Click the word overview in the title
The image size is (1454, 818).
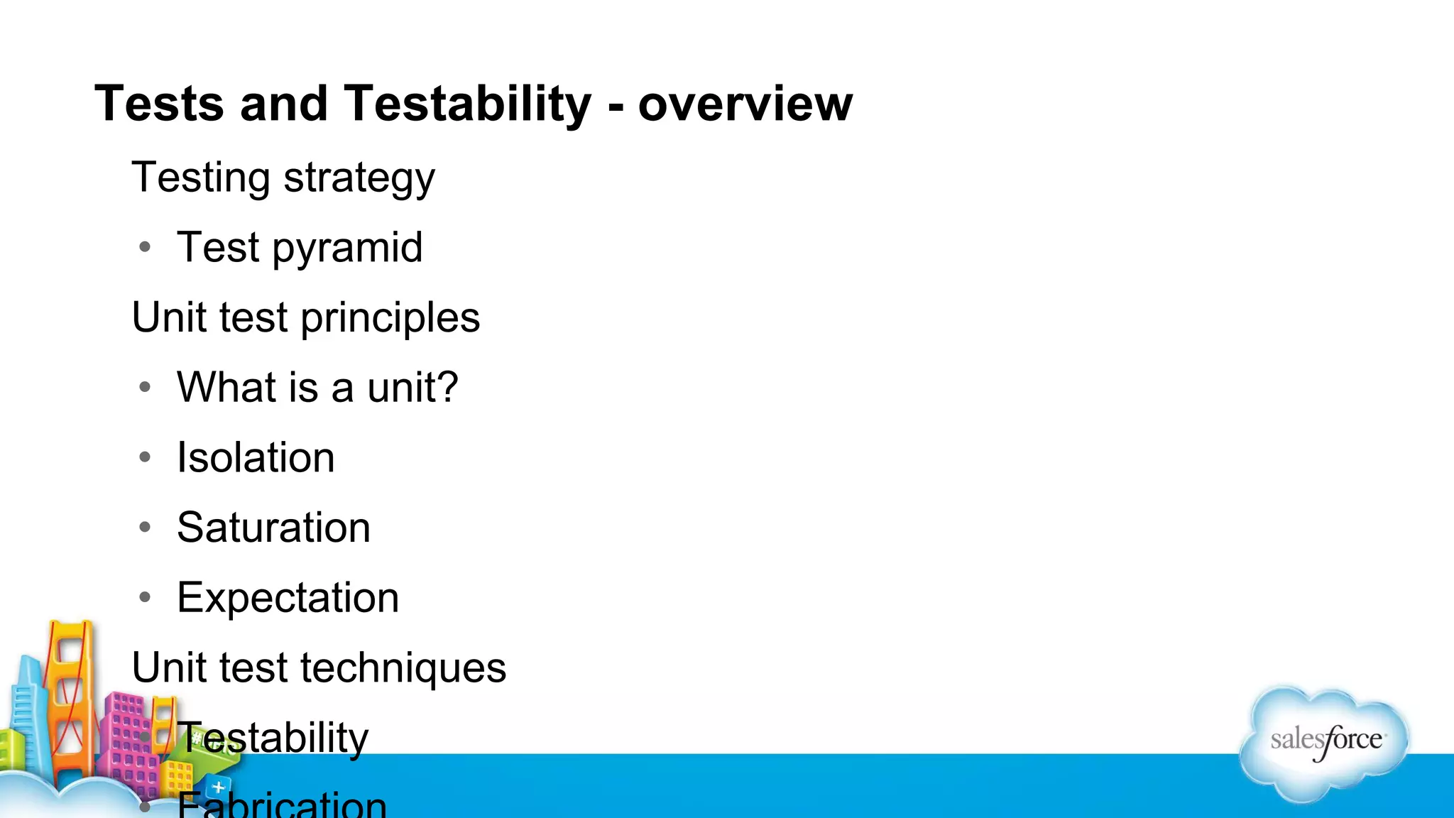point(745,104)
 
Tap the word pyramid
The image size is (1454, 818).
point(347,248)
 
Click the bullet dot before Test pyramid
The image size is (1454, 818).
point(146,247)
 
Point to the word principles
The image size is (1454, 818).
point(390,317)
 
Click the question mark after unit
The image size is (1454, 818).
point(446,387)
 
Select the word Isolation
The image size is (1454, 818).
point(256,457)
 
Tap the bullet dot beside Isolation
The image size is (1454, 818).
point(146,457)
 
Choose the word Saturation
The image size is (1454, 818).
point(273,527)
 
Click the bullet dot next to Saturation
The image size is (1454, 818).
point(146,527)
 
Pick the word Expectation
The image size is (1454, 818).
point(288,597)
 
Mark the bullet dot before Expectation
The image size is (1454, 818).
point(146,597)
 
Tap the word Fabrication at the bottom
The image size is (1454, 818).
point(282,805)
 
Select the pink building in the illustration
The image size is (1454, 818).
point(128,738)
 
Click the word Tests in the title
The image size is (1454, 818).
point(159,104)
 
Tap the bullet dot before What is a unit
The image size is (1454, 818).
point(146,387)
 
